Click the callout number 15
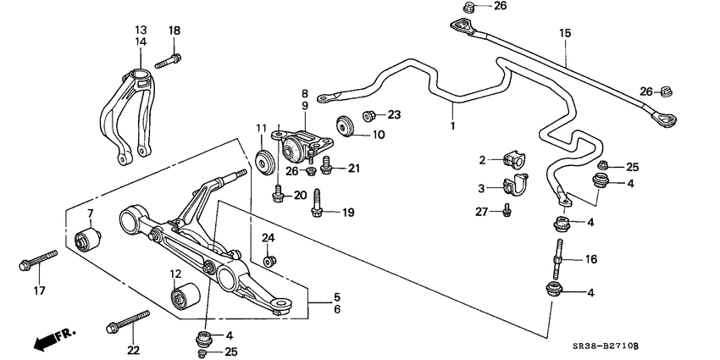[565, 33]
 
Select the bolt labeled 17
[36, 260]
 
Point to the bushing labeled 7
[87, 239]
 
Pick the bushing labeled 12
[184, 297]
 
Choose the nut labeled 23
[370, 114]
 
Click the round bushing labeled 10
[344, 124]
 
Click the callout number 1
[453, 127]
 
